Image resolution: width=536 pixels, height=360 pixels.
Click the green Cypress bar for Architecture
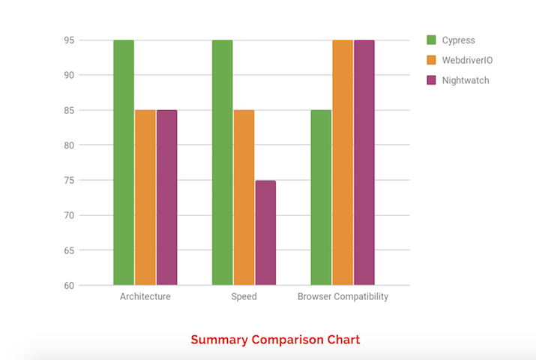coord(124,162)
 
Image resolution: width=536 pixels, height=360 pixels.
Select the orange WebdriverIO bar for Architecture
coord(145,197)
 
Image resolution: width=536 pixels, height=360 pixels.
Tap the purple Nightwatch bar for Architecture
coord(167,197)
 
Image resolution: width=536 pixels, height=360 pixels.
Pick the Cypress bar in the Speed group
coord(222,162)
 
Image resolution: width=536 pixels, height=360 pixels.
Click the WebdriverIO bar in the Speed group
coord(244,197)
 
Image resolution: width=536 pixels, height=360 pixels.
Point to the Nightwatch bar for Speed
coord(265,232)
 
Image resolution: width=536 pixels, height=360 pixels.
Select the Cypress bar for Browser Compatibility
coord(321,197)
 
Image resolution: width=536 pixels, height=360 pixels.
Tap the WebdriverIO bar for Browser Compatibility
coord(343,162)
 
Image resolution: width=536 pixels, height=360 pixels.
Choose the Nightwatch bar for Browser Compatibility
coord(364,162)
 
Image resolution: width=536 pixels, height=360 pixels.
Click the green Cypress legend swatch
coord(431,40)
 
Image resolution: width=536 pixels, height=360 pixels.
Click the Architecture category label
coord(145,297)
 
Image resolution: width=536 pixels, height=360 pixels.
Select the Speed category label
coord(244,297)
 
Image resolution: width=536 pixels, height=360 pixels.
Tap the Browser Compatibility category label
coord(343,297)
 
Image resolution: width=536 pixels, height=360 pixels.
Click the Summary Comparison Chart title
coord(275,340)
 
